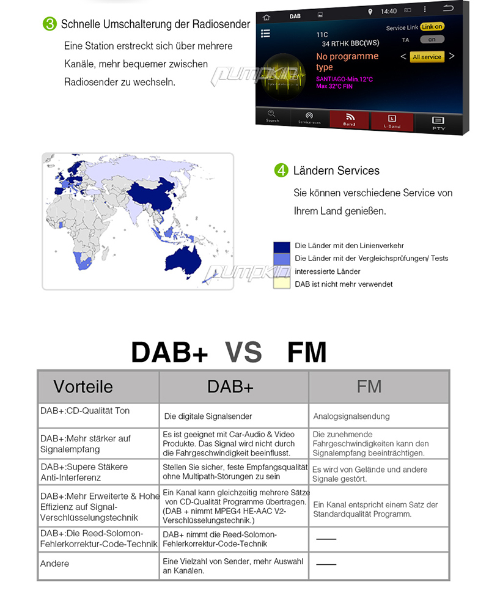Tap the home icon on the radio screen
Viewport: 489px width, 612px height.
tap(267, 17)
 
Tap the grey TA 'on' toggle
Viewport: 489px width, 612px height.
tap(432, 39)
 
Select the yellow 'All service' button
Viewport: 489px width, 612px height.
tap(427, 57)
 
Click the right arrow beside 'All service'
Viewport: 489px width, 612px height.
tap(452, 56)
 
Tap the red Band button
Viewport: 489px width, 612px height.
tap(349, 119)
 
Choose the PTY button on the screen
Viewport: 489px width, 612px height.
tap(438, 122)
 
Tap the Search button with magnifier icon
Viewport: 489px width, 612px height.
tap(272, 116)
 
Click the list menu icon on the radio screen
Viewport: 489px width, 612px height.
tap(265, 34)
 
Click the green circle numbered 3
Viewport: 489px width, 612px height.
tap(50, 24)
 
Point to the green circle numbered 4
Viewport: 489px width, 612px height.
tap(281, 171)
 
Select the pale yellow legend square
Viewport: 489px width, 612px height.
tap(281, 284)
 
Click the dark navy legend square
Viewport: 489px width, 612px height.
tap(281, 246)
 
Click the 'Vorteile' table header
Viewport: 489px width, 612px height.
tap(98, 386)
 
